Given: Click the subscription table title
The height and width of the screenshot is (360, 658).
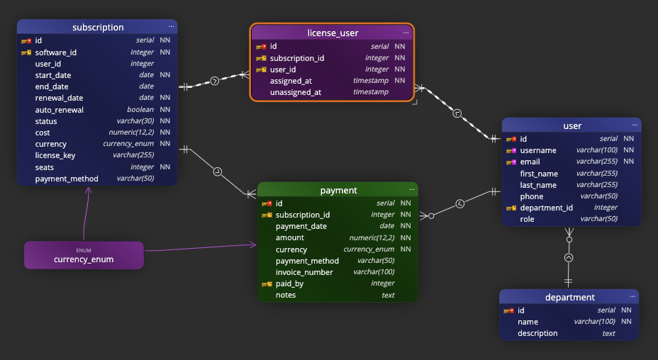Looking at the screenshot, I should tap(98, 28).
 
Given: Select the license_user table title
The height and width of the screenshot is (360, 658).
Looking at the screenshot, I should tap(333, 33).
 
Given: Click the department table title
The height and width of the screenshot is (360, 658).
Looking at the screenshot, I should tap(570, 297).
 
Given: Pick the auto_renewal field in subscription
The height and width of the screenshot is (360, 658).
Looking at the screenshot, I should tap(60, 110).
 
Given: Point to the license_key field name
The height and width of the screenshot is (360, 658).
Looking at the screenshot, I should tap(55, 155).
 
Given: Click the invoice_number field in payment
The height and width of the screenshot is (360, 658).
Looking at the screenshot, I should tap(304, 272).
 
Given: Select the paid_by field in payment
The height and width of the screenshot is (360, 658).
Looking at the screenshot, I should tap(289, 283).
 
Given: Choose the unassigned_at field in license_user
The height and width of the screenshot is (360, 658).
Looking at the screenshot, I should tap(296, 92).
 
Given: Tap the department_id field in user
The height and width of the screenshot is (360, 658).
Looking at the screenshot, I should tap(546, 208).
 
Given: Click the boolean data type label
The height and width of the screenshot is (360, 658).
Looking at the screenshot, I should tap(140, 110).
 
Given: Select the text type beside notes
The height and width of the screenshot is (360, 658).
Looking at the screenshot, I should tap(388, 295).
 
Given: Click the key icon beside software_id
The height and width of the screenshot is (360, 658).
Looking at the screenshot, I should tap(26, 52).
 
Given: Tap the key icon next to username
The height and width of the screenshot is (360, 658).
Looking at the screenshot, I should tap(511, 150).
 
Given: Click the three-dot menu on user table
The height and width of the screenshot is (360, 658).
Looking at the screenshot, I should tap(635, 125).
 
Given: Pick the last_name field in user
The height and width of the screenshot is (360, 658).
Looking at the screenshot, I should tap(538, 185).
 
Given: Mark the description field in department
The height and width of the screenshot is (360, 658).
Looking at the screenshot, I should tap(537, 333).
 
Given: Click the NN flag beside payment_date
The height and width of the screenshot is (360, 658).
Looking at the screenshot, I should tap(406, 226).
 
